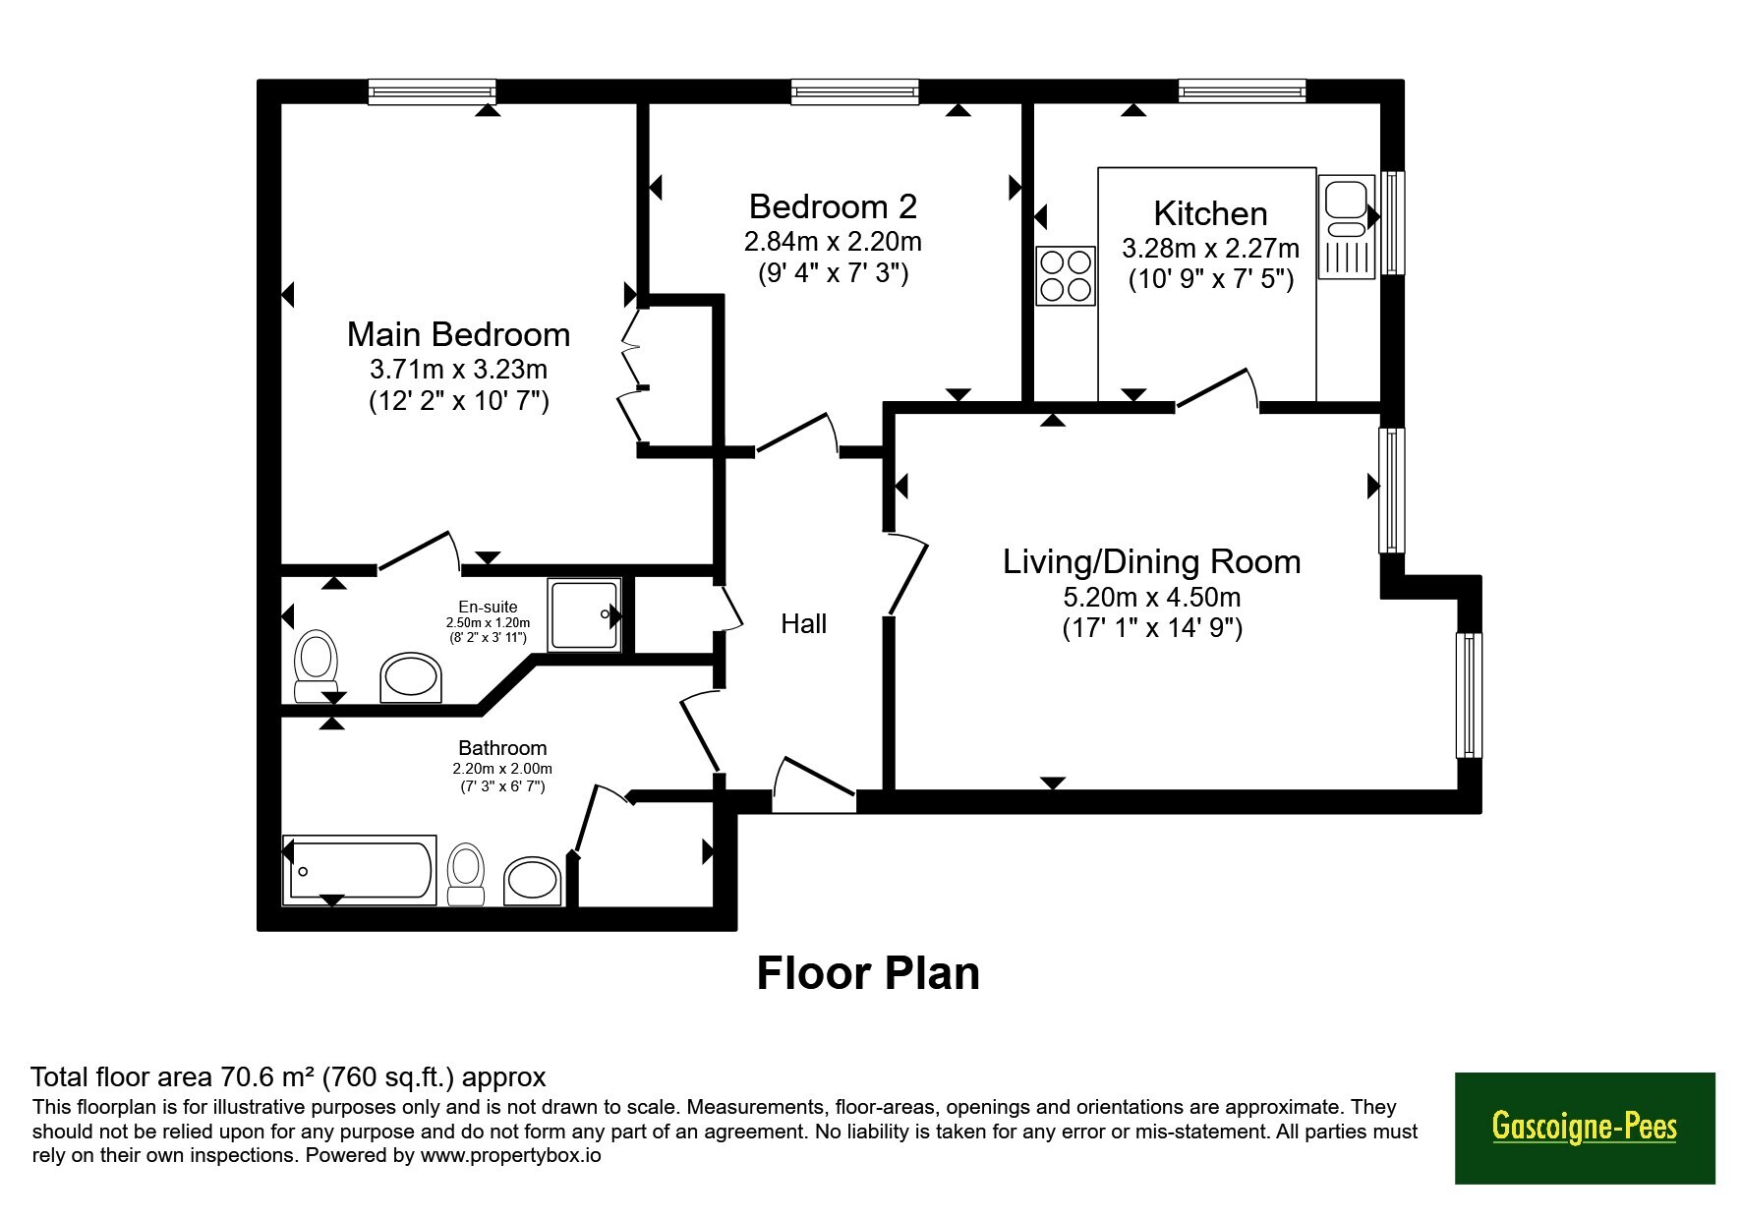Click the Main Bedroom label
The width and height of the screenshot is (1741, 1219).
point(458,334)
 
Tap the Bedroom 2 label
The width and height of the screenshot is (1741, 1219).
point(833,206)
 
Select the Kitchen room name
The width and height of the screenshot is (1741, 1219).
point(1210,213)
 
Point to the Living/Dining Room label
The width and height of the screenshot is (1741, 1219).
point(1151,561)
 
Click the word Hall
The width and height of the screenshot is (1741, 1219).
point(803,623)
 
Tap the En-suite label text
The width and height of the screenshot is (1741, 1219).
point(488,607)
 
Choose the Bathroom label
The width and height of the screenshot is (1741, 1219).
point(502,748)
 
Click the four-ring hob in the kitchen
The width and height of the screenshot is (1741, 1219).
point(1066,275)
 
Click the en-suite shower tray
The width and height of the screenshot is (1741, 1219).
point(585,614)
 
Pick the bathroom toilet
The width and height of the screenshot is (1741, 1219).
point(466,874)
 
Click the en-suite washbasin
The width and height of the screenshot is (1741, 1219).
point(411,677)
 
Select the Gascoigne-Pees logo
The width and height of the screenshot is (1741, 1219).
point(1585,1128)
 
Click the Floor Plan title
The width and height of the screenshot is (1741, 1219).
point(868,973)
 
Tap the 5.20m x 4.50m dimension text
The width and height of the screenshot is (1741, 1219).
point(1151,597)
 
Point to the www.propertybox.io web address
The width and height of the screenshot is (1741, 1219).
point(510,1155)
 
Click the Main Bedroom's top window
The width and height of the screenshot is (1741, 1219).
point(432,92)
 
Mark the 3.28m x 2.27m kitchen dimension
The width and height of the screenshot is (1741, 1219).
point(1210,249)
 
